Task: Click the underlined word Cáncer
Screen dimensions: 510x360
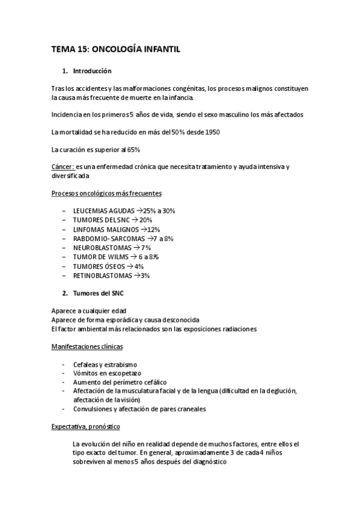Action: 63,167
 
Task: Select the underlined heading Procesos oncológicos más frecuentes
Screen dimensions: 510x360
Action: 106,193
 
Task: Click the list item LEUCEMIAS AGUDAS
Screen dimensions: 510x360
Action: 102,211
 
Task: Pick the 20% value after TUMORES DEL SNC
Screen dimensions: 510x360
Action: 146,220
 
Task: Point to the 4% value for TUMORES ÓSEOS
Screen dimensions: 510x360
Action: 139,266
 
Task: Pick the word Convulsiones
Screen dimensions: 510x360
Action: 92,409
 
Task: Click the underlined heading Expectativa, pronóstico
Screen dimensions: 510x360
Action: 86,426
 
